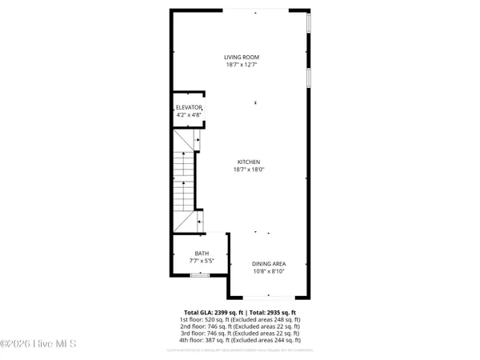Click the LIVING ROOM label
tap(241, 58)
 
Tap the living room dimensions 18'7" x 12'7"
tap(241, 65)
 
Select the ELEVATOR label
tap(189, 107)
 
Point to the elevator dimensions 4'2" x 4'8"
tap(189, 114)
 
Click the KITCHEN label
tap(248, 162)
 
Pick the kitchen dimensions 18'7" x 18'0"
tap(248, 169)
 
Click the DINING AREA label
tap(269, 264)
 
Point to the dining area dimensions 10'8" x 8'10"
tap(269, 271)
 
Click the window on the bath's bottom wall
tap(200, 276)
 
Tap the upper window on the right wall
tap(309, 23)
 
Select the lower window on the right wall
tap(309, 77)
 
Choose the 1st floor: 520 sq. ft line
tap(240, 319)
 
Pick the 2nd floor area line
tap(240, 326)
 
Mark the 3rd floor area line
tap(240, 334)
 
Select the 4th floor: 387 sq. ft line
tap(240, 341)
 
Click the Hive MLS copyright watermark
tap(38, 344)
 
